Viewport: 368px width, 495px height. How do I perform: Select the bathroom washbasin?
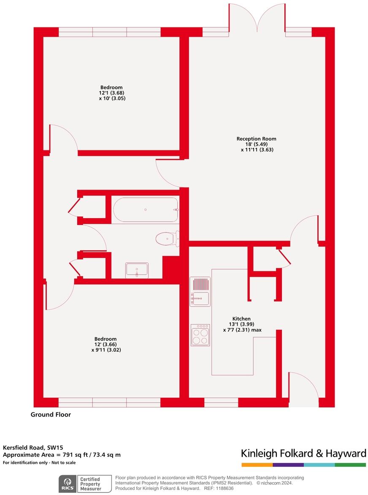pyautogui.click(x=137, y=270)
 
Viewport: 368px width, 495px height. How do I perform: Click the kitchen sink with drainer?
pyautogui.click(x=200, y=292)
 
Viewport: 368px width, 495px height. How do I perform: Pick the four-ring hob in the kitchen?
pyautogui.click(x=200, y=335)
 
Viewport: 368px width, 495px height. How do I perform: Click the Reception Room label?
pyautogui.click(x=256, y=139)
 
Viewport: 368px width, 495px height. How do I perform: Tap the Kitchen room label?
pyautogui.click(x=241, y=318)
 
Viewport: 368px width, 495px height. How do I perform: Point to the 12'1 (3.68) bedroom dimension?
pyautogui.click(x=111, y=93)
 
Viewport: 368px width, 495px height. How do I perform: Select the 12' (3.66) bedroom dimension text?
pyautogui.click(x=106, y=344)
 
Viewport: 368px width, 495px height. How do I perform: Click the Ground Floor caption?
pyautogui.click(x=51, y=415)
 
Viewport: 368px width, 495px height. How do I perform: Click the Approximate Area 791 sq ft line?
pyautogui.click(x=62, y=455)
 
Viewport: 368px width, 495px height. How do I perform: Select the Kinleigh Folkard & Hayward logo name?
pyautogui.click(x=303, y=453)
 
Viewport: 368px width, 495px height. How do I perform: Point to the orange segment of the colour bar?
pyautogui.click(x=257, y=465)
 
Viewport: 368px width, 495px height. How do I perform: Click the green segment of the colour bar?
pyautogui.click(x=350, y=465)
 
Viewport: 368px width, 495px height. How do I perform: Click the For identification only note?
pyautogui.click(x=39, y=463)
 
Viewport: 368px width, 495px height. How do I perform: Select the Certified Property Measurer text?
pyautogui.click(x=90, y=484)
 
